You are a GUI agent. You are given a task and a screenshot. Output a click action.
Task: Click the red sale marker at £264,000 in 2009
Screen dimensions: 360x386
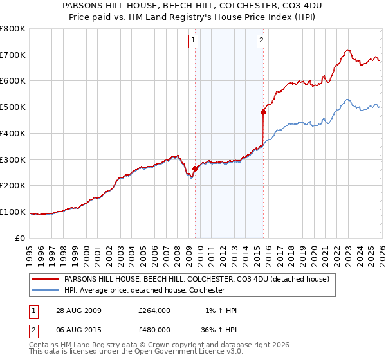click(x=195, y=169)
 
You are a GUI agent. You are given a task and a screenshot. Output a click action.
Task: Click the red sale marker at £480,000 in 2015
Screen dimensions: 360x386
click(x=263, y=112)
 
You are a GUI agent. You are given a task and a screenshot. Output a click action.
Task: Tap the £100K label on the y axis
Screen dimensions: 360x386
click(x=14, y=212)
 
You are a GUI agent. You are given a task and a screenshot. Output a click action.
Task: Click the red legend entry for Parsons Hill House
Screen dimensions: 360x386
click(x=197, y=280)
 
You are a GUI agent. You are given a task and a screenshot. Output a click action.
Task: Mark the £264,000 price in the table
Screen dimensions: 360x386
click(x=154, y=310)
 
